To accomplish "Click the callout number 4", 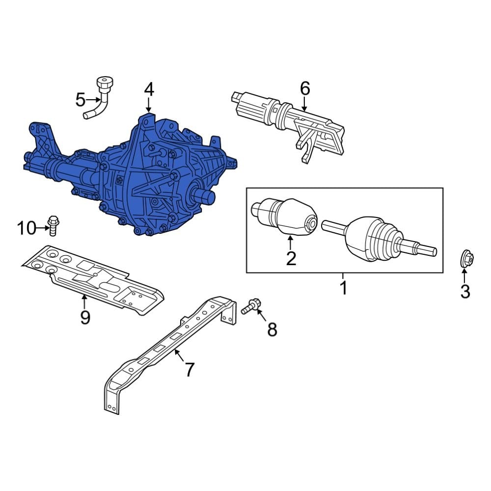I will (149, 89).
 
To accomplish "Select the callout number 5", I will (81, 100).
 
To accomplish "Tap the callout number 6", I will (305, 89).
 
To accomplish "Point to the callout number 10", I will (27, 228).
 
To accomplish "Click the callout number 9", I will (85, 318).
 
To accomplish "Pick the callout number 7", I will (190, 369).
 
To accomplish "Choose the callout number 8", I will (272, 329).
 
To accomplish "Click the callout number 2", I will (291, 258).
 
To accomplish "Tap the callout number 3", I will (464, 292).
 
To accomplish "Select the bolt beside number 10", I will (53, 225).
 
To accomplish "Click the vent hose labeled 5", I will (100, 98).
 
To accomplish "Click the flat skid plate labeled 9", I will (93, 277).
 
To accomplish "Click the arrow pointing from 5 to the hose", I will (93, 100).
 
